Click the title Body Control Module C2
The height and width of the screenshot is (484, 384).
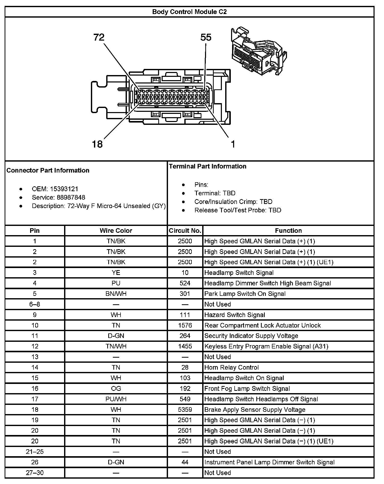pos(189,12)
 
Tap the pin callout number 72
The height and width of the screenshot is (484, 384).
pos(99,38)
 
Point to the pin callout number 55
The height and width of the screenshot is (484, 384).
pos(206,38)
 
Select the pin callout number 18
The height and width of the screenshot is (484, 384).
pos(97,144)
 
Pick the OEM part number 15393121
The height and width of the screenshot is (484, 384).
pos(64,189)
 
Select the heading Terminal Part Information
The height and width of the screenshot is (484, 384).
pos(208,166)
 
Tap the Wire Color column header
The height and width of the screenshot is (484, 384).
pos(116,231)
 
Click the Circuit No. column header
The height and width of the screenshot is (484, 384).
pos(185,231)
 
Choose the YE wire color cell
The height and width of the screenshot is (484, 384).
pos(116,273)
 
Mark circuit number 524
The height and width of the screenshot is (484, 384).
pos(185,283)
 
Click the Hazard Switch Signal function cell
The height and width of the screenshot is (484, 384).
pos(235,315)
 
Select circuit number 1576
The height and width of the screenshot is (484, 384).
pos(185,325)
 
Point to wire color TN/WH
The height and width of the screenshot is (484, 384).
pos(116,346)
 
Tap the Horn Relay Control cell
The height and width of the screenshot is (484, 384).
pos(231,367)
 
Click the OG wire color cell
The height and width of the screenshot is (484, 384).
pos(116,389)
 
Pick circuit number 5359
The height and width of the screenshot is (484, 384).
pos(185,409)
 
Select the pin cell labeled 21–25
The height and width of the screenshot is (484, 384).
pos(35,452)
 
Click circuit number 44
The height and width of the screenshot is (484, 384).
pos(185,462)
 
